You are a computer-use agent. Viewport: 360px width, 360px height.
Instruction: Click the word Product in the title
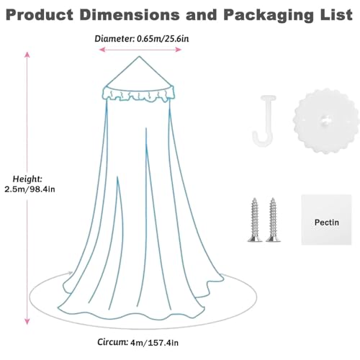point(40,14)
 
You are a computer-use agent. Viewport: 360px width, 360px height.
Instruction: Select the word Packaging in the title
point(269,16)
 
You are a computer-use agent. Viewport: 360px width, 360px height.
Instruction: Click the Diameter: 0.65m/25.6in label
point(142,38)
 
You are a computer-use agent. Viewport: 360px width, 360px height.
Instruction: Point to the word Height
point(27,179)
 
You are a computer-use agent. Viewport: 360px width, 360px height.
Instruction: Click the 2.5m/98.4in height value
point(30,189)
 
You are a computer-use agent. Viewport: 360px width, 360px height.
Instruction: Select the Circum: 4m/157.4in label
point(138,342)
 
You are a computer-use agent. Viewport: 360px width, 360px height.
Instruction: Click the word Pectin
point(327,222)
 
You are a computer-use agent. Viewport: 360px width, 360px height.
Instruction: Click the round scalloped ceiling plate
point(323,121)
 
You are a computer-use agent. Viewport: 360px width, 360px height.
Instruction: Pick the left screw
point(254,220)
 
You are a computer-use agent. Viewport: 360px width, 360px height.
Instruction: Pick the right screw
point(273,220)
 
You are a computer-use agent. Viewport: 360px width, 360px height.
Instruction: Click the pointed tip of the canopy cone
point(139,56)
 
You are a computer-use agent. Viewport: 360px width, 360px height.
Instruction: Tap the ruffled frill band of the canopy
point(139,94)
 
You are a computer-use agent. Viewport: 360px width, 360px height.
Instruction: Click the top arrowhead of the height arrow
point(27,55)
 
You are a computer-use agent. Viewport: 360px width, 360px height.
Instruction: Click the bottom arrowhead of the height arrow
point(27,321)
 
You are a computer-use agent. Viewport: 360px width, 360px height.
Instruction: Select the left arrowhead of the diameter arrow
point(102,50)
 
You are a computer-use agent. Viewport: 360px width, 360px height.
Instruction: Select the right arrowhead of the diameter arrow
point(178,50)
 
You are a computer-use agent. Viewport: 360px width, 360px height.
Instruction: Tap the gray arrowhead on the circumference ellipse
point(71,273)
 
